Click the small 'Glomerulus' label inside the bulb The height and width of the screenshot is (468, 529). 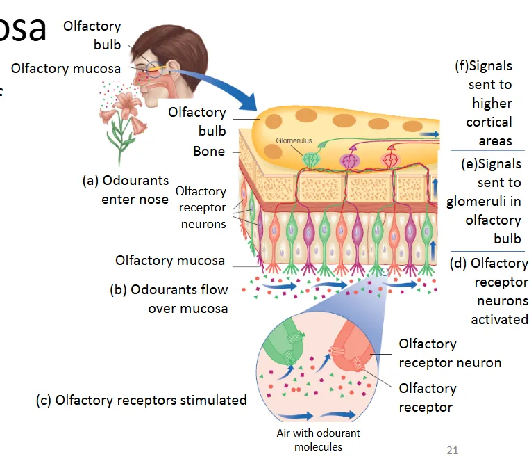(x=294, y=140)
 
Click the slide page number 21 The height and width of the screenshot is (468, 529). (x=452, y=451)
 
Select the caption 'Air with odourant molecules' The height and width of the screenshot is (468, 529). (x=318, y=439)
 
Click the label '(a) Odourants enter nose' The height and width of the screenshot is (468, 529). (x=126, y=189)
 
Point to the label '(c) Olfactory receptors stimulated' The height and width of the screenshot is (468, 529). (x=142, y=400)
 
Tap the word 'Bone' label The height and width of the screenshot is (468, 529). (x=209, y=151)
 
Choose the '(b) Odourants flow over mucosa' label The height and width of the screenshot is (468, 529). (x=169, y=298)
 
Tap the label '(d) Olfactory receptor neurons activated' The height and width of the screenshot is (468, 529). (x=489, y=291)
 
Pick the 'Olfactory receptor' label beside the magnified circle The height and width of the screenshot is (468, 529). (x=427, y=397)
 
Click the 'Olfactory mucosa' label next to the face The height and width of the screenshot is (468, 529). (x=65, y=68)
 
